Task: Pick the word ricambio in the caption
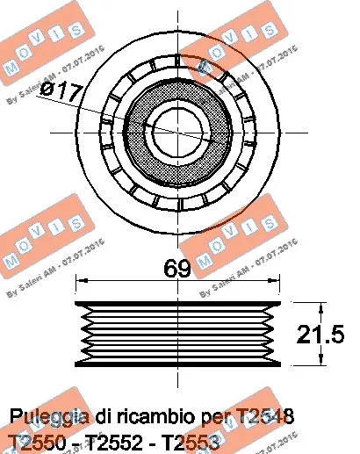click(x=166, y=414)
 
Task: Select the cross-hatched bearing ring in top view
click(x=140, y=129)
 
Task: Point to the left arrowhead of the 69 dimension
click(x=81, y=282)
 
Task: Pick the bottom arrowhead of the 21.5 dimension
click(x=324, y=364)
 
